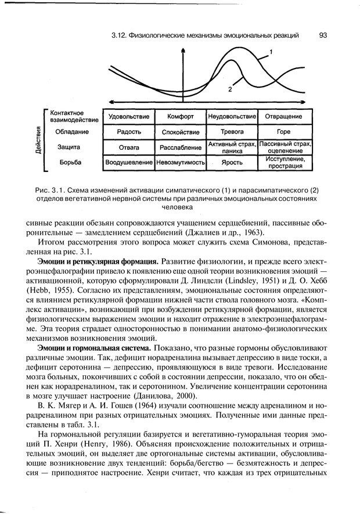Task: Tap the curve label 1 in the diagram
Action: pos(271,53)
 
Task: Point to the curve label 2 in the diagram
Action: pos(231,90)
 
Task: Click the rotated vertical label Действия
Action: pos(38,139)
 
